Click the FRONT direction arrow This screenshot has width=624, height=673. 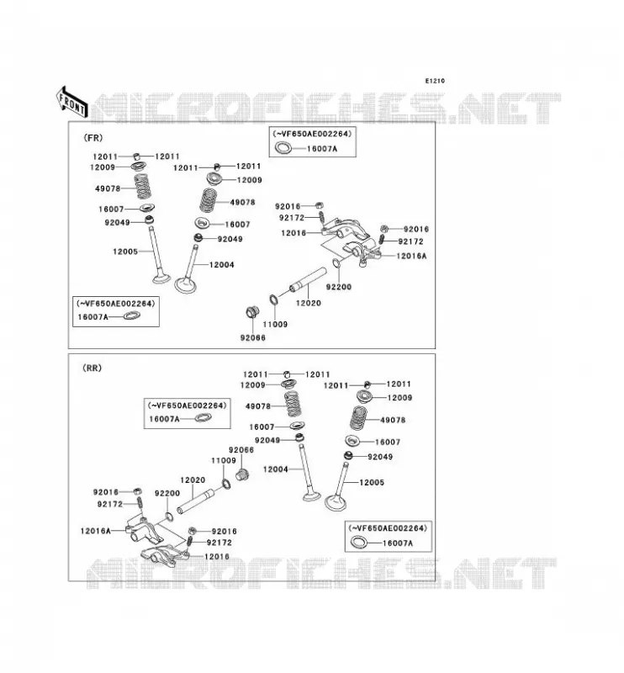tap(72, 102)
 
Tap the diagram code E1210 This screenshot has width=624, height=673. tap(435, 81)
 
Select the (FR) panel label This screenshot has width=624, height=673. tap(93, 138)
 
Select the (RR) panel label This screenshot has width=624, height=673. tap(92, 368)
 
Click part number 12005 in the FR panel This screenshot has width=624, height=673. tap(125, 252)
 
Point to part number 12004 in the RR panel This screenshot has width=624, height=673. tap(276, 469)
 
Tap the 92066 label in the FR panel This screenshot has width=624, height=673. tap(253, 338)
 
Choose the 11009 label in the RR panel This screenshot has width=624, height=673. tap(224, 460)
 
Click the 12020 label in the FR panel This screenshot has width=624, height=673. tap(309, 303)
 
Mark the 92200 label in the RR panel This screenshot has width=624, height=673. tap(167, 493)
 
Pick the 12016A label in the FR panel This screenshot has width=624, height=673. tap(411, 256)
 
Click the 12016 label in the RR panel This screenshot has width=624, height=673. tap(217, 556)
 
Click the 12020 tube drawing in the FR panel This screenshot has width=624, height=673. tap(307, 280)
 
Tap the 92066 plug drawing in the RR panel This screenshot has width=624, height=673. tap(243, 474)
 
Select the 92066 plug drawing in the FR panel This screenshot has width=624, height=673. tap(252, 311)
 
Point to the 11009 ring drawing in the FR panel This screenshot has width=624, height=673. tap(273, 299)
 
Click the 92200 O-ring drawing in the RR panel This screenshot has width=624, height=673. tap(170, 517)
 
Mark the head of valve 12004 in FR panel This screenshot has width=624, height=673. tap(185, 285)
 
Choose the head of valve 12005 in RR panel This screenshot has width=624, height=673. tap(336, 502)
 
